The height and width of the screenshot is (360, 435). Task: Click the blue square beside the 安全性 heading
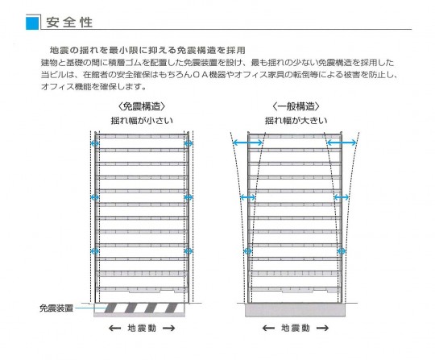(32, 23)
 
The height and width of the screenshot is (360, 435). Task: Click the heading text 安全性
(69, 23)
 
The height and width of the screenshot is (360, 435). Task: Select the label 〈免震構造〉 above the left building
(142, 106)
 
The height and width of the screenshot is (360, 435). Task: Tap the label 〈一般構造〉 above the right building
(296, 106)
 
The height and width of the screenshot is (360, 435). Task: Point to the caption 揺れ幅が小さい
(142, 121)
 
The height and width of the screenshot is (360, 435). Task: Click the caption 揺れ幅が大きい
(296, 121)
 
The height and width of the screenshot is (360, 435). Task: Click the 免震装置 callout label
(56, 308)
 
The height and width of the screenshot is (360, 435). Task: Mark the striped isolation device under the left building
(142, 308)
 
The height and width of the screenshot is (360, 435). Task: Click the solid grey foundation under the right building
(295, 310)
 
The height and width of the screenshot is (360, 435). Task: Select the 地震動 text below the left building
(142, 328)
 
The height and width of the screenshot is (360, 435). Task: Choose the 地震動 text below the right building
(296, 328)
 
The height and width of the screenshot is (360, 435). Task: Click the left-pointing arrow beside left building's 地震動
(114, 329)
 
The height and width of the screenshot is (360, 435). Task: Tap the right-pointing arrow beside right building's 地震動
(322, 329)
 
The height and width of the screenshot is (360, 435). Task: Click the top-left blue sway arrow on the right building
(247, 143)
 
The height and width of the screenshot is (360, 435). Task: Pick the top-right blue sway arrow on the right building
(342, 143)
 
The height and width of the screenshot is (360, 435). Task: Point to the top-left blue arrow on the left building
(95, 143)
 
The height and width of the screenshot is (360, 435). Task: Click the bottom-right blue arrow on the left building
(188, 251)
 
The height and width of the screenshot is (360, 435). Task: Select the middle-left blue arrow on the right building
(248, 197)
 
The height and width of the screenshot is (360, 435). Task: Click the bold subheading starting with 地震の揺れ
(147, 50)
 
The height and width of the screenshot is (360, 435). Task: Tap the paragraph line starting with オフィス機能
(93, 86)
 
